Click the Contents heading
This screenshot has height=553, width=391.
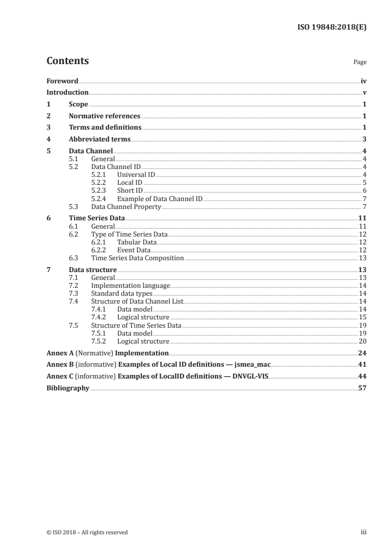click(x=68, y=61)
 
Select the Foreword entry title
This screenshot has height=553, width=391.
click(x=62, y=81)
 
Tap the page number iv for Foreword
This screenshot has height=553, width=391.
click(x=363, y=81)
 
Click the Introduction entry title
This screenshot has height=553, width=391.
click(x=67, y=92)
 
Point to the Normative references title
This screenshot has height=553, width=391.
click(x=105, y=116)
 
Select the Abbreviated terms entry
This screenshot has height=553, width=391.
click(x=100, y=139)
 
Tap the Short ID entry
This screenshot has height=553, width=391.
click(x=130, y=190)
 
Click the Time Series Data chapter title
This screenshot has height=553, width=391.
click(x=97, y=218)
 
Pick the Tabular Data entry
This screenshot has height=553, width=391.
click(x=137, y=242)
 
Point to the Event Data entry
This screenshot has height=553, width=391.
click(x=134, y=250)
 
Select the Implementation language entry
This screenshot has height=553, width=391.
click(x=131, y=285)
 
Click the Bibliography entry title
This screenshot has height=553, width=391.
click(x=68, y=388)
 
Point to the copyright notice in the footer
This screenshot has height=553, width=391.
click(x=87, y=532)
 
